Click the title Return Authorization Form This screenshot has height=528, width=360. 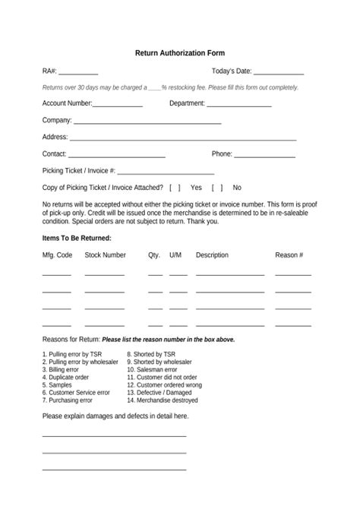pyautogui.click(x=179, y=54)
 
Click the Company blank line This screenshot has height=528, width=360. pyautogui.click(x=147, y=122)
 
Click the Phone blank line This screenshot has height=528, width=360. pyautogui.click(x=264, y=156)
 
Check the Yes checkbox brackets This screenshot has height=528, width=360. pyautogui.click(x=175, y=187)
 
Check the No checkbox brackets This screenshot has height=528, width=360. pyautogui.click(x=216, y=187)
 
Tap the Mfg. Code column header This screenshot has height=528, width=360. pyautogui.click(x=57, y=255)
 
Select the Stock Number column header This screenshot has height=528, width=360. pyautogui.click(x=105, y=255)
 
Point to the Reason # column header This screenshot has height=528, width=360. pyautogui.click(x=289, y=255)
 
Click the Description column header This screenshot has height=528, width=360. pyautogui.click(x=212, y=255)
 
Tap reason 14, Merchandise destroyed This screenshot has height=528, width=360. pyautogui.click(x=163, y=400)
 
